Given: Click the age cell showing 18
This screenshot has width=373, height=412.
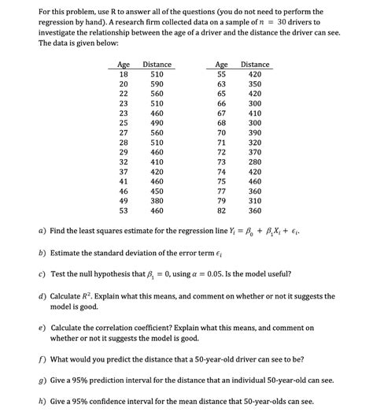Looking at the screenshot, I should tap(124, 73).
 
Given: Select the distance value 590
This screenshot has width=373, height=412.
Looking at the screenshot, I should tap(157, 84).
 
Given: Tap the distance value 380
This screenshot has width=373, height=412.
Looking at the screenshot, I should tap(157, 200).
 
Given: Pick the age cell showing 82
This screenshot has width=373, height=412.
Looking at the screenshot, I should tap(221, 211).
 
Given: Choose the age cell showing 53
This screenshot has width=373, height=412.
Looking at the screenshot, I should tap(124, 211).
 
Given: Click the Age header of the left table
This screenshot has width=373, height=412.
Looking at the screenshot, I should tap(124, 64).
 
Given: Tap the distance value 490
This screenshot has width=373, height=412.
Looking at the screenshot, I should tap(157, 124).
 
